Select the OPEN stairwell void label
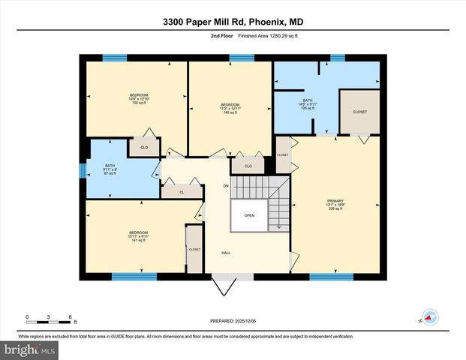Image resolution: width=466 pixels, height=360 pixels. click(249, 215)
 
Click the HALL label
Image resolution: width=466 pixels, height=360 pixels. click(225, 253)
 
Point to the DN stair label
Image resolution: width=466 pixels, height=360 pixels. click(225, 185)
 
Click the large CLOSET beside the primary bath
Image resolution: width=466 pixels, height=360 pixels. click(359, 112)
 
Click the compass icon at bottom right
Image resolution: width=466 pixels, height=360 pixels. click(429, 317)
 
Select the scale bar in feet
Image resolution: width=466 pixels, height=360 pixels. click(48, 318)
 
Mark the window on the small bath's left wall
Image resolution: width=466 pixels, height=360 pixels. click(83, 171)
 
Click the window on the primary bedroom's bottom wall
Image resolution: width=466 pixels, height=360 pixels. click(331, 277)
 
